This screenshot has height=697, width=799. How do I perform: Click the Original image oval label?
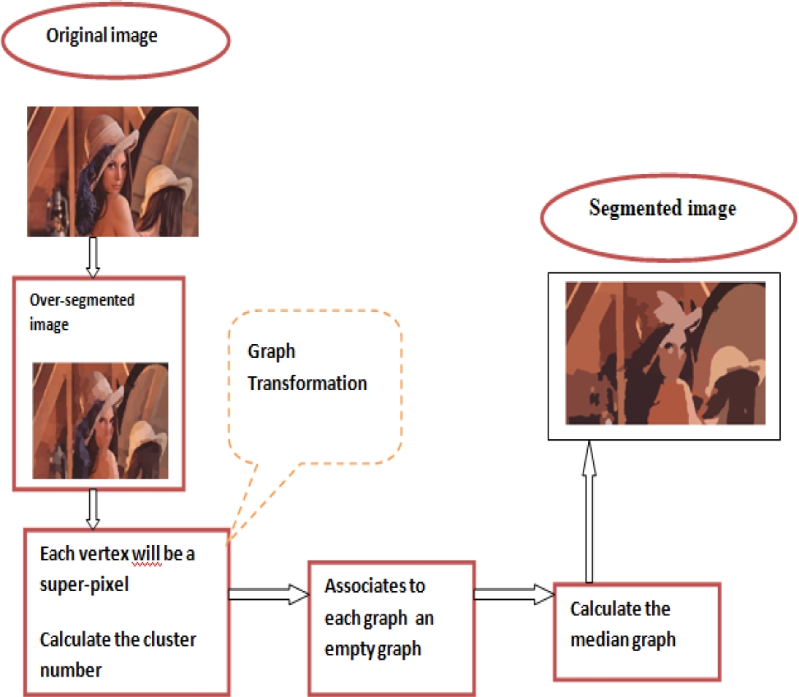coord(102,37)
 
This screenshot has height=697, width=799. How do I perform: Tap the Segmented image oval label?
coord(662,209)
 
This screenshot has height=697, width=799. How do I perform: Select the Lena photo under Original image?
coord(112,171)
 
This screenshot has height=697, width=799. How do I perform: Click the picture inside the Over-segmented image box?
coord(100,421)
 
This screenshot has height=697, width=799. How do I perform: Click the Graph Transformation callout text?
coord(307,367)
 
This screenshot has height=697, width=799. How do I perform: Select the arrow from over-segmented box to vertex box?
coord(93,509)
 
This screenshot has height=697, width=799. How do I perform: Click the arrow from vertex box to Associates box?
coord(268,595)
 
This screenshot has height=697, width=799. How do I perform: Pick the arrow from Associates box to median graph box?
coord(513,594)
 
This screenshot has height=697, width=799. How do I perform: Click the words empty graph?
coord(372,648)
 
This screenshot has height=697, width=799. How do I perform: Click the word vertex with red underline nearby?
coord(103,554)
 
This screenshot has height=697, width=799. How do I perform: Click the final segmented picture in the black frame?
coord(665,353)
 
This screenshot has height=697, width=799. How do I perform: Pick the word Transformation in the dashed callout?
coord(307,383)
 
